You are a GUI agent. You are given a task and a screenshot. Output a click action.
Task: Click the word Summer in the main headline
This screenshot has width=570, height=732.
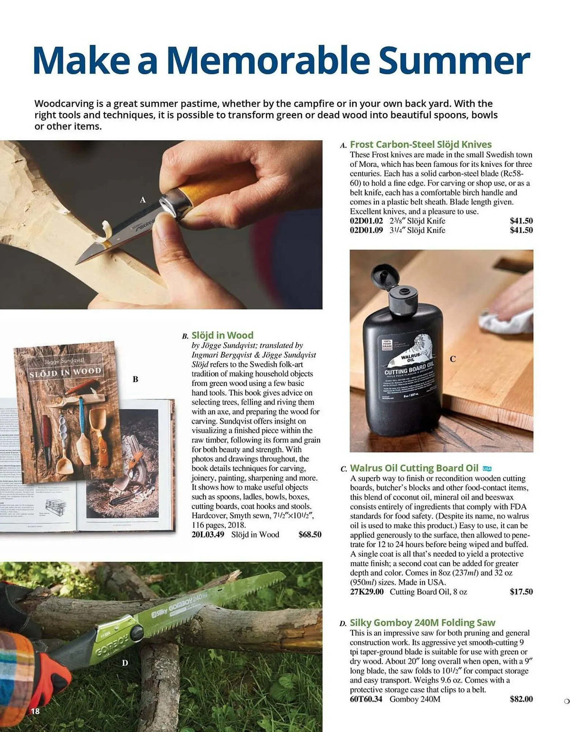454,60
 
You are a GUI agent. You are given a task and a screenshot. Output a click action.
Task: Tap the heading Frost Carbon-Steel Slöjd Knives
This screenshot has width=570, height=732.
420,144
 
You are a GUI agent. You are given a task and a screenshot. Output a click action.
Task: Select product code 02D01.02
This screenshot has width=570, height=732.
366,221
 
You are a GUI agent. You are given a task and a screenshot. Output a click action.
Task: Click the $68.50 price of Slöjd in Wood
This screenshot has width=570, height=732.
310,534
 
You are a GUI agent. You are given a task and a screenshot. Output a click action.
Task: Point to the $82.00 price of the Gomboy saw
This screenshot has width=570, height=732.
521,699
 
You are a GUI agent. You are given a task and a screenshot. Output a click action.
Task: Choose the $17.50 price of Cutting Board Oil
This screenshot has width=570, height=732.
521,591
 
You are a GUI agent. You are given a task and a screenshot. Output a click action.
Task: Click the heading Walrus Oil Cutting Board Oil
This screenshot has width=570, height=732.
414,468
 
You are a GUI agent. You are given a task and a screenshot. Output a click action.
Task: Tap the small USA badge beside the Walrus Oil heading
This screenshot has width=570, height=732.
487,468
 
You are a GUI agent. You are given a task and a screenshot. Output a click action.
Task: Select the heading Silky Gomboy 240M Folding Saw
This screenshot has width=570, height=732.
422,623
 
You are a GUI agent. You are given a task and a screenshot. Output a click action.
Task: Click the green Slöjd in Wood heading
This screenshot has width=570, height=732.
222,335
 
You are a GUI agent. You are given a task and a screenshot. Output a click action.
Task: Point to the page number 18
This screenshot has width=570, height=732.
35,711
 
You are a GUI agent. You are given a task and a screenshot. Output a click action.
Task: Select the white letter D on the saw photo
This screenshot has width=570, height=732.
125,663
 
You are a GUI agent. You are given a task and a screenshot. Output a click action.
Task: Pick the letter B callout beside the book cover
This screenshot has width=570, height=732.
135,379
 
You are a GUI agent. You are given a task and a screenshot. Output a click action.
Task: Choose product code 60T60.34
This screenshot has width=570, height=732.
366,699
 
